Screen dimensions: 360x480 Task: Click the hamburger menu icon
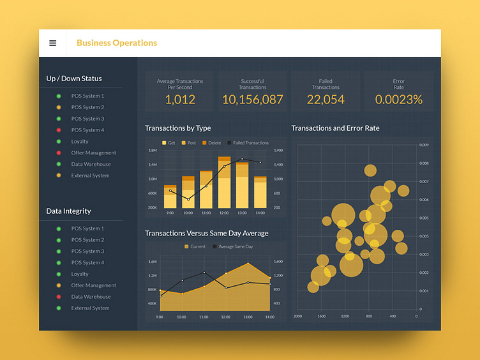click(x=52, y=43)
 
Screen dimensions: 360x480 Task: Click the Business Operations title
click(x=117, y=43)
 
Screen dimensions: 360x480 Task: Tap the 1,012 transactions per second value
click(x=180, y=100)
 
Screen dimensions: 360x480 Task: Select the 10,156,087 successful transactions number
click(x=253, y=100)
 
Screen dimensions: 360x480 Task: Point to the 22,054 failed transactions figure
click(x=326, y=100)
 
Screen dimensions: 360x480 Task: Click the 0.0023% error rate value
click(x=398, y=100)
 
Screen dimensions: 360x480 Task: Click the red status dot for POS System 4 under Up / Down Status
click(x=59, y=130)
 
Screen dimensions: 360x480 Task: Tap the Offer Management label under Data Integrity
click(x=93, y=285)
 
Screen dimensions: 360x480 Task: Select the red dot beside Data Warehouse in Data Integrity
click(x=59, y=297)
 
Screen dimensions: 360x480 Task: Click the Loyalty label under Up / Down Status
click(x=80, y=142)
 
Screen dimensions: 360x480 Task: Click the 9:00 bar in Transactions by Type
click(x=170, y=197)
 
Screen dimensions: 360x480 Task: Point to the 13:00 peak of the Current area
click(x=248, y=263)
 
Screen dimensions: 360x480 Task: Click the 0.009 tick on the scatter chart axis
click(x=424, y=146)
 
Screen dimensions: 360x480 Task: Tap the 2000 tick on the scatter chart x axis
click(x=298, y=316)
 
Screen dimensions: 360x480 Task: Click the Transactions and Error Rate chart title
click(x=335, y=128)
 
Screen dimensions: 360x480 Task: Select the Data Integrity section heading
click(x=68, y=211)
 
